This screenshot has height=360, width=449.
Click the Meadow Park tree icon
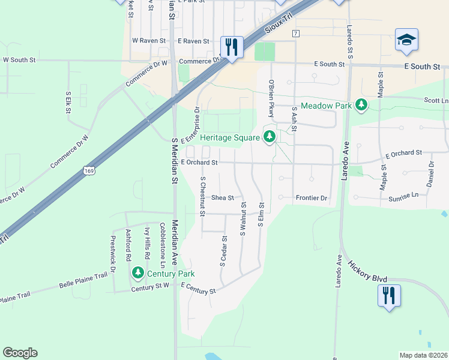(x=361, y=105)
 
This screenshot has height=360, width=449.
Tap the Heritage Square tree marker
(x=270, y=137)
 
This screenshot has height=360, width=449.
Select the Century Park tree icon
(x=138, y=273)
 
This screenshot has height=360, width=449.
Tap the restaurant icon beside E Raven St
(x=231, y=46)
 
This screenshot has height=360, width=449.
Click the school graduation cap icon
(x=406, y=40)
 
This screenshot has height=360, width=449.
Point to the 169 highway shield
(x=89, y=171)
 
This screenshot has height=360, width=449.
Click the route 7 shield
(x=295, y=34)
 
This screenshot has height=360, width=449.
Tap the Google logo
(x=20, y=353)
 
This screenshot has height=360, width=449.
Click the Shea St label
(x=221, y=197)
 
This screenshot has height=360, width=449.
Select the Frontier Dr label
(x=311, y=197)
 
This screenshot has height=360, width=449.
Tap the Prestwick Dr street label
(x=112, y=250)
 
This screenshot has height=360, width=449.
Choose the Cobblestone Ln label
(x=163, y=245)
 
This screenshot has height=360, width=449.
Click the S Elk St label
(x=68, y=102)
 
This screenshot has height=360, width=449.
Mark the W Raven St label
(x=147, y=41)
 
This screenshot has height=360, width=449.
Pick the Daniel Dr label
(x=431, y=173)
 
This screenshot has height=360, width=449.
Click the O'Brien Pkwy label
(x=271, y=95)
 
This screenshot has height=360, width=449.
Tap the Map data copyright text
(x=423, y=355)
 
